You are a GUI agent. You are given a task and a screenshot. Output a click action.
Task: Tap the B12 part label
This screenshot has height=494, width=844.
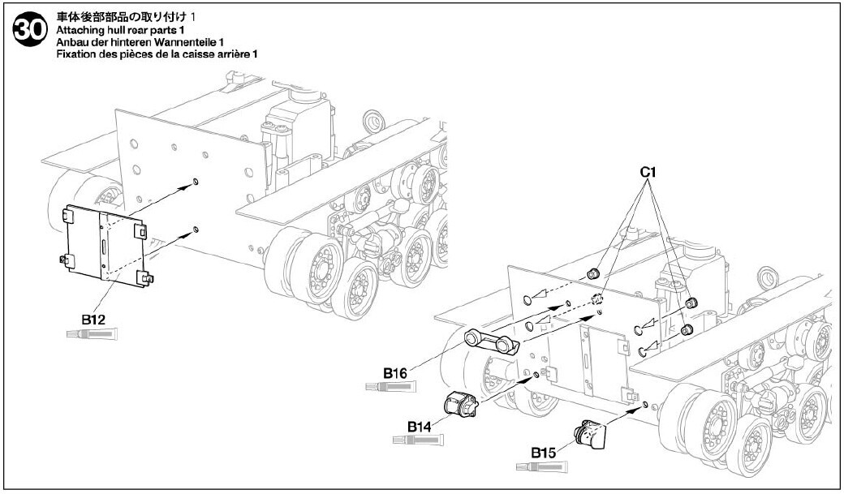(x=93, y=319)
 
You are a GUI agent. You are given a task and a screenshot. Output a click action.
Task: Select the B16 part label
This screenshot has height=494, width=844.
(x=394, y=372)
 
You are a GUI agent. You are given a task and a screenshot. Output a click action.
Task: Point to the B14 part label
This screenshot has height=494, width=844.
(x=420, y=427)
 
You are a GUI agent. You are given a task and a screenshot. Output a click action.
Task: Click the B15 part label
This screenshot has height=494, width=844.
(x=543, y=453)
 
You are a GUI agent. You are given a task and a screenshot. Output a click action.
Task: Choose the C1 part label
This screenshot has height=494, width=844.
(x=648, y=172)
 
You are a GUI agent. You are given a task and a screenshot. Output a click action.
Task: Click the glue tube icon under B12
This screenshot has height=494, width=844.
(x=92, y=334)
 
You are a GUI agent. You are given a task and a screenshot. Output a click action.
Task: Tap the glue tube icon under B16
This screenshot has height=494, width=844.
(x=391, y=386)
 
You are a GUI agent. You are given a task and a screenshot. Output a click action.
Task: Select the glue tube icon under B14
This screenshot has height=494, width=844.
(x=418, y=440)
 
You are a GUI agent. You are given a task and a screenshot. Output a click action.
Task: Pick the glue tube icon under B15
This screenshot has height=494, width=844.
(x=541, y=466)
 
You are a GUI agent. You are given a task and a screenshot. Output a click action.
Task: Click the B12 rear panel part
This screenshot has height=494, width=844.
(x=103, y=245)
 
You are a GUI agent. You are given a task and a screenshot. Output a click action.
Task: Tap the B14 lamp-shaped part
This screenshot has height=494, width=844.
(x=461, y=404)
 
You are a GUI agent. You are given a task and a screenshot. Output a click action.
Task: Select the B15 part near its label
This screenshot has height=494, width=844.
(x=589, y=434)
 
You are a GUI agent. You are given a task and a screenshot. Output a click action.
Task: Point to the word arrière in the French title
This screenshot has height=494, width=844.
(x=233, y=54)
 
